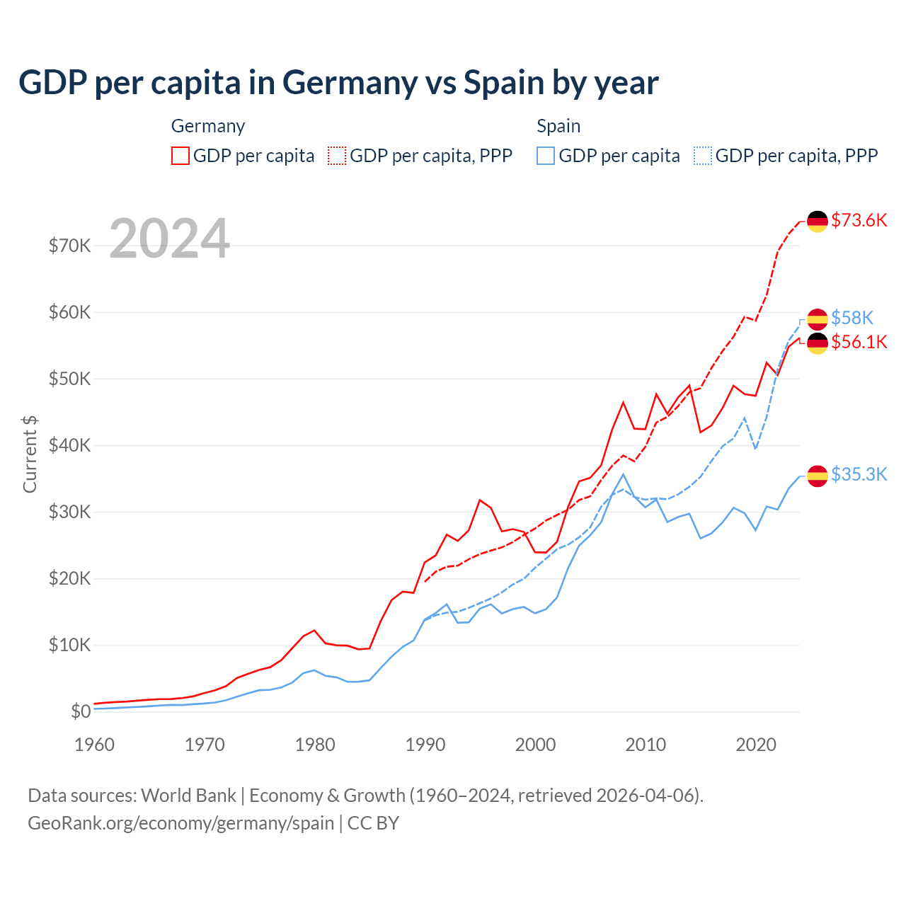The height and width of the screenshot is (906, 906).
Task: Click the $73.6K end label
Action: tap(859, 220)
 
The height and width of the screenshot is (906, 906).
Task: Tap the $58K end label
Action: tap(852, 318)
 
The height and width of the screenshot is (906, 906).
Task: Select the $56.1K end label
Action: tap(859, 343)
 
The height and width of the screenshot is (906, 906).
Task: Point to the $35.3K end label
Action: tap(859, 474)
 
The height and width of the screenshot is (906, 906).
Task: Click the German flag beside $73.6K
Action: tap(818, 221)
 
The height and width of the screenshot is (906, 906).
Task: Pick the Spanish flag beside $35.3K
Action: tap(818, 476)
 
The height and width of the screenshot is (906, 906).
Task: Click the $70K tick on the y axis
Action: tap(70, 246)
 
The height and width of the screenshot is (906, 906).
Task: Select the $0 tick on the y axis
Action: tap(81, 711)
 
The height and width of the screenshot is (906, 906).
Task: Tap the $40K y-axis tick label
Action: tap(70, 445)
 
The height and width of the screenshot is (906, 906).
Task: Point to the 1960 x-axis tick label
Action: tap(94, 745)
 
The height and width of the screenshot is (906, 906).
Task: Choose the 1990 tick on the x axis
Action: tap(425, 745)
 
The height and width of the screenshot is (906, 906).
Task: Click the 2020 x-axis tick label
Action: tap(756, 745)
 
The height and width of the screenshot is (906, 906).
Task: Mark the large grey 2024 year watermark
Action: tap(170, 238)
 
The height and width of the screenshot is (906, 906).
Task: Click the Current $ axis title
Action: tap(30, 454)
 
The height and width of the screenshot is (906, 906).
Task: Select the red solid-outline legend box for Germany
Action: tap(180, 156)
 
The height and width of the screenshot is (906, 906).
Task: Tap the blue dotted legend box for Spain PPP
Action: tap(703, 156)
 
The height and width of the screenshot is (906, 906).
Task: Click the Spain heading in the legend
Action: tap(558, 126)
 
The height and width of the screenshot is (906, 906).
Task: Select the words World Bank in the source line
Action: tap(188, 796)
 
